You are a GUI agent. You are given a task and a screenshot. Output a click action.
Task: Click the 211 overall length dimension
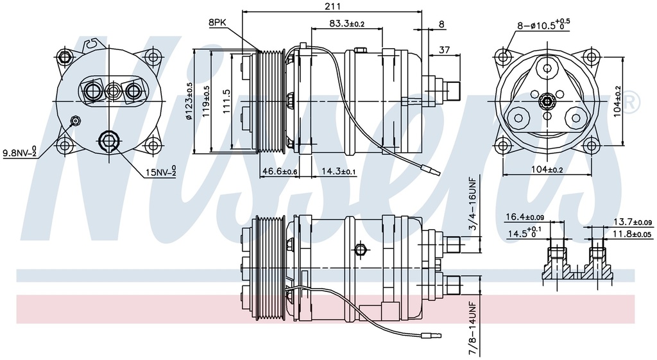[332, 6]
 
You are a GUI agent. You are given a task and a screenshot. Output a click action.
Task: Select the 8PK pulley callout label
[218, 23]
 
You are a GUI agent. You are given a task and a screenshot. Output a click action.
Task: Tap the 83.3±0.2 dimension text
[347, 24]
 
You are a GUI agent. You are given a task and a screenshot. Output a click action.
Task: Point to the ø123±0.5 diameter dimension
[189, 101]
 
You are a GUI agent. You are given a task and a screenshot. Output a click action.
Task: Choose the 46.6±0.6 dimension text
[280, 171]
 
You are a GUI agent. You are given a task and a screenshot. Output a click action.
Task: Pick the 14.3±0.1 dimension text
[339, 171]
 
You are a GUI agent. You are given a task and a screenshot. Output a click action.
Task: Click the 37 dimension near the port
[444, 50]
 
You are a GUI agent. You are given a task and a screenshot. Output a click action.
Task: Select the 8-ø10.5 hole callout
[543, 24]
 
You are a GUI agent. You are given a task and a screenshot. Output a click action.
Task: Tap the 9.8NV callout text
[20, 152]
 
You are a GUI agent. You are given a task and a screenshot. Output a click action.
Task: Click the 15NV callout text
[161, 171]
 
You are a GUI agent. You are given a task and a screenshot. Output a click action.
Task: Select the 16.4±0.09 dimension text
[525, 217]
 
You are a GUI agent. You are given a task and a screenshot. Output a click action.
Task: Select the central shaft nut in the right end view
[547, 101]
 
